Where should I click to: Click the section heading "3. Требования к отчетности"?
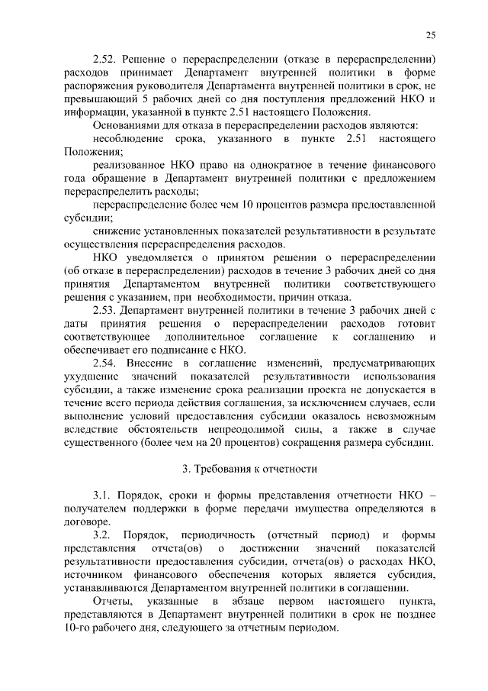tap(243, 467)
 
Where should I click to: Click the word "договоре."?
tap(87, 521)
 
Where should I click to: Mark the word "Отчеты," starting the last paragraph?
tap(112, 601)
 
